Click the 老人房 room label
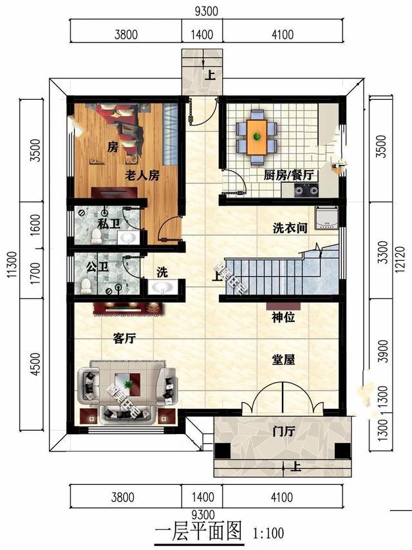tap(142, 174)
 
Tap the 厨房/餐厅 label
tap(288, 175)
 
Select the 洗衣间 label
tap(289, 227)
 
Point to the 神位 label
tap(283, 317)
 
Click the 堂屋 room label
tap(283, 360)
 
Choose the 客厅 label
tap(124, 339)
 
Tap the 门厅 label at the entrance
tap(283, 432)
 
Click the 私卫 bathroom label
tap(109, 223)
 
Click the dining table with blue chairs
tap(257, 135)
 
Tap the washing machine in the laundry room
tap(327, 218)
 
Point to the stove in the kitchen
tap(306, 189)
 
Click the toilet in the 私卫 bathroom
tap(96, 237)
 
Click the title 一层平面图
tap(198, 531)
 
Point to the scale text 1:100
tap(268, 533)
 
